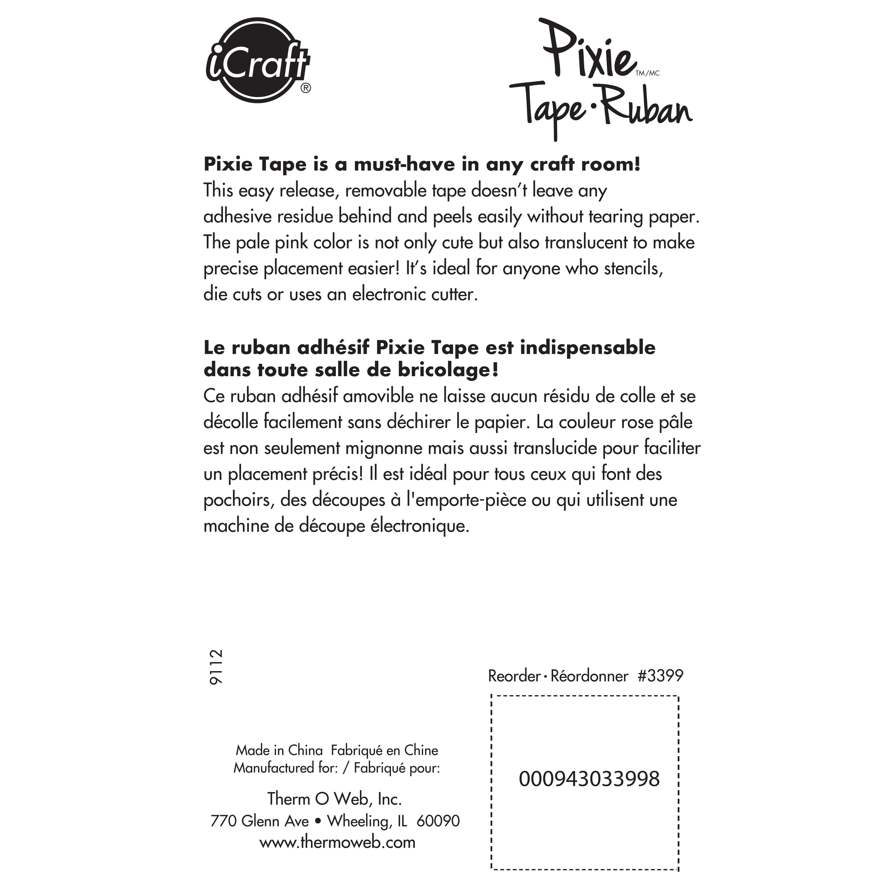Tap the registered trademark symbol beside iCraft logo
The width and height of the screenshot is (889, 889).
306,88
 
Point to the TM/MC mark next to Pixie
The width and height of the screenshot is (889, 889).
647,73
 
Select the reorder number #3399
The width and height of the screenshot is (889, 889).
660,676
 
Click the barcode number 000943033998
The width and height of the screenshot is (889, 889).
589,779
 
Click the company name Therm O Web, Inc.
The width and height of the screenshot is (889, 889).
335,799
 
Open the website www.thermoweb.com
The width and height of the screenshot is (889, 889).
337,843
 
